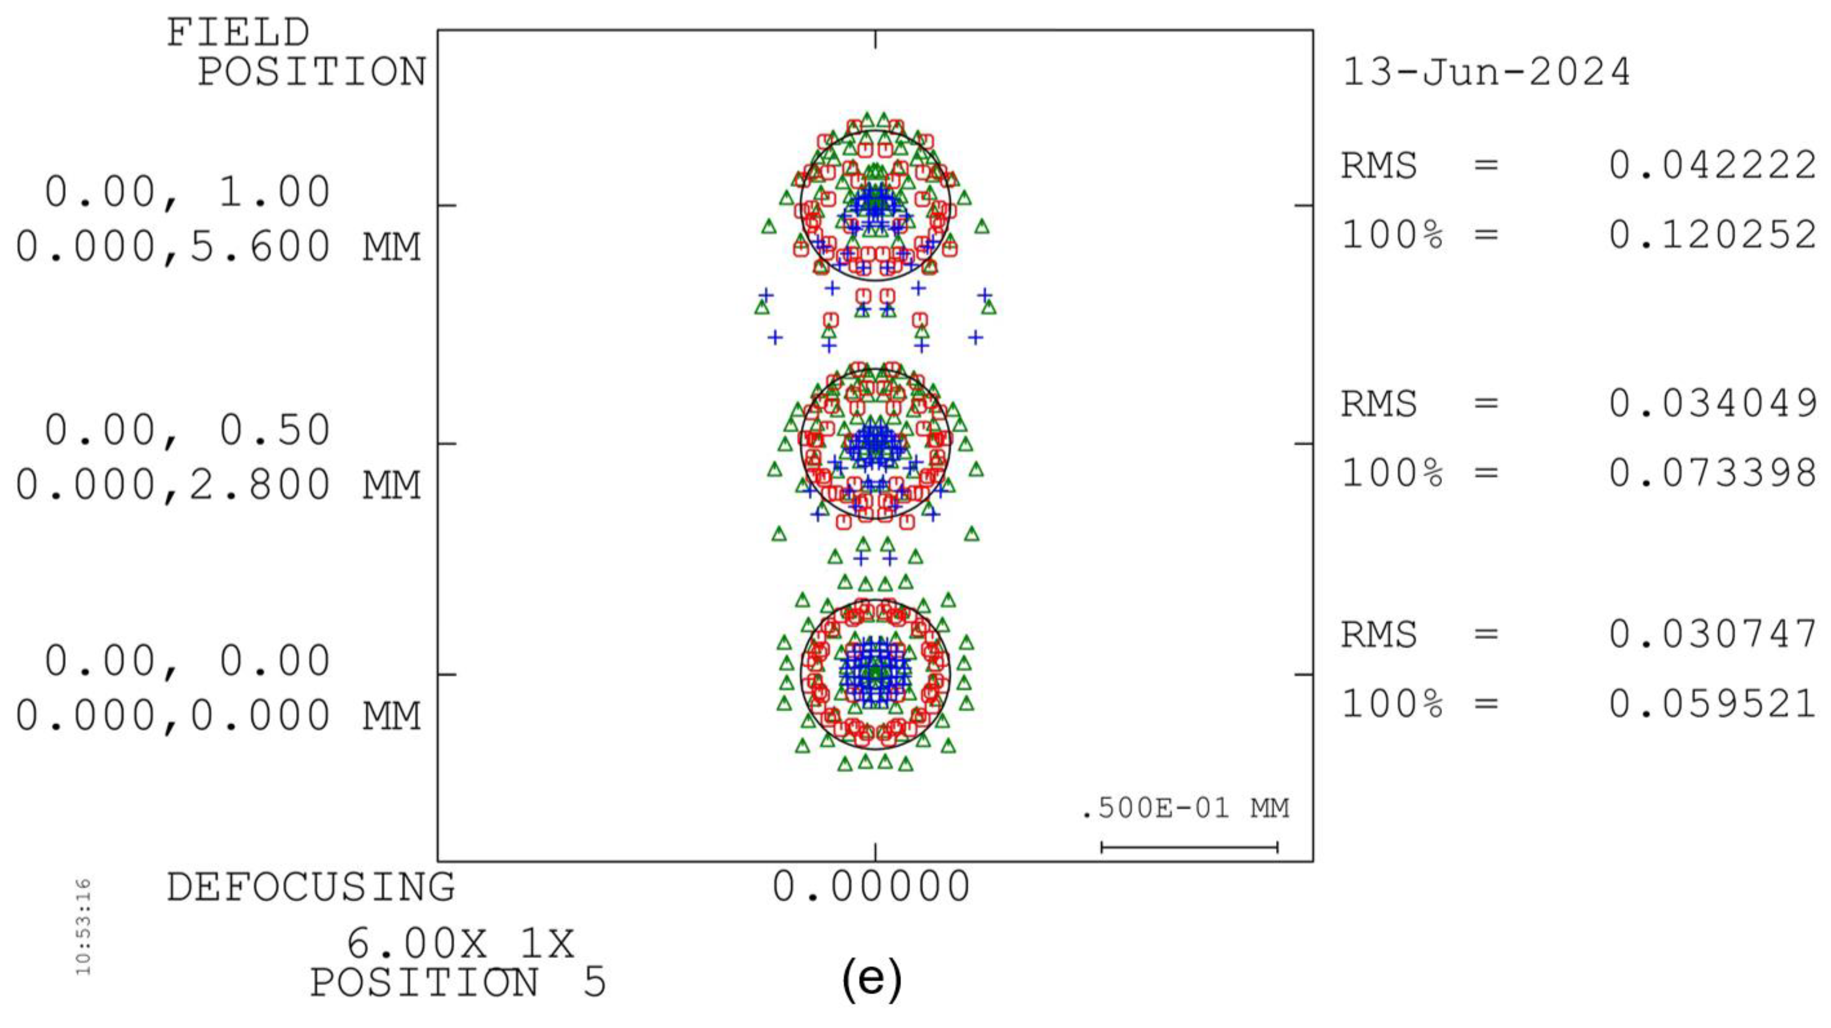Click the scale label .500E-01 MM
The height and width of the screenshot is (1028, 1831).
[1185, 809]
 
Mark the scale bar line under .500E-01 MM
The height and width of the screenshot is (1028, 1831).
[1189, 847]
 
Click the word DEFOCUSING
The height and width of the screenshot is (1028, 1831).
[310, 888]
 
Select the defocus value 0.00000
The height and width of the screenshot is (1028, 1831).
[871, 887]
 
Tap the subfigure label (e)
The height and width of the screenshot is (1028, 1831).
[871, 980]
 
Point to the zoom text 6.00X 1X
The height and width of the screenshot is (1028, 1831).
[460, 944]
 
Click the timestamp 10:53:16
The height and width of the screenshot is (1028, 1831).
[84, 926]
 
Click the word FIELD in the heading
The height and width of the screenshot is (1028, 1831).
[238, 33]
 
